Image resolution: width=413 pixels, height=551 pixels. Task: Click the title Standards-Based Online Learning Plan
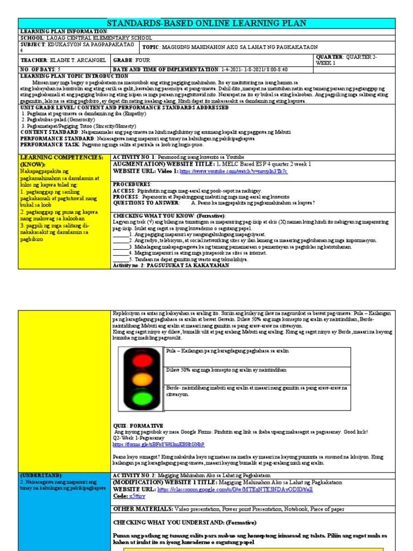coord(206,23)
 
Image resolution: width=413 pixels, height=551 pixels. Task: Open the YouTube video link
coord(233,171)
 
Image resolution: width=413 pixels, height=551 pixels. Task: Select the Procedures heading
coord(132,184)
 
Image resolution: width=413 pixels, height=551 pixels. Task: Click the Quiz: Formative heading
coord(137,426)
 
